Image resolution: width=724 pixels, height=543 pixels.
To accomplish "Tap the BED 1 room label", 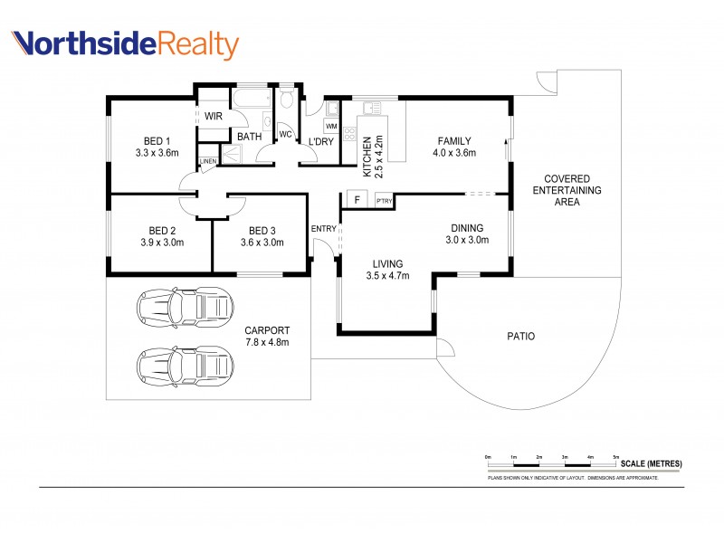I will click(157, 140).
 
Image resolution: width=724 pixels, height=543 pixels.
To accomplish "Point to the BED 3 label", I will click(262, 229).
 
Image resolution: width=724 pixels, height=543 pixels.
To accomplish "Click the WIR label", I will click(213, 116).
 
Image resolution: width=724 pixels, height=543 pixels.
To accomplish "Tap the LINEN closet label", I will click(208, 162).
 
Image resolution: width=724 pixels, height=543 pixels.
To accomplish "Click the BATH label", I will click(250, 137).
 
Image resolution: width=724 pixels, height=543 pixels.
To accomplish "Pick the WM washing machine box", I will click(330, 126).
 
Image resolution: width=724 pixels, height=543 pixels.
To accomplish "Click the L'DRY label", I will click(321, 142).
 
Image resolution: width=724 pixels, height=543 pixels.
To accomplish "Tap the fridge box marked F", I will click(357, 200).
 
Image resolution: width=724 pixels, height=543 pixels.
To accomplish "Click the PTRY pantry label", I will click(384, 201).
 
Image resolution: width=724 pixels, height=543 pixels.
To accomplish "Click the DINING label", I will click(467, 228).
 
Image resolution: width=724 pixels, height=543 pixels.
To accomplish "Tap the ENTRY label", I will click(323, 229).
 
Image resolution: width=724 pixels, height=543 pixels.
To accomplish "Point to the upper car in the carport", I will click(184, 308).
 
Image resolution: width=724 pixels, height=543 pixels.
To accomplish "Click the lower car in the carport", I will click(184, 366).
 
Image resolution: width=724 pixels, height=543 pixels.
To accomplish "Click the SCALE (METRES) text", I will click(652, 463).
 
